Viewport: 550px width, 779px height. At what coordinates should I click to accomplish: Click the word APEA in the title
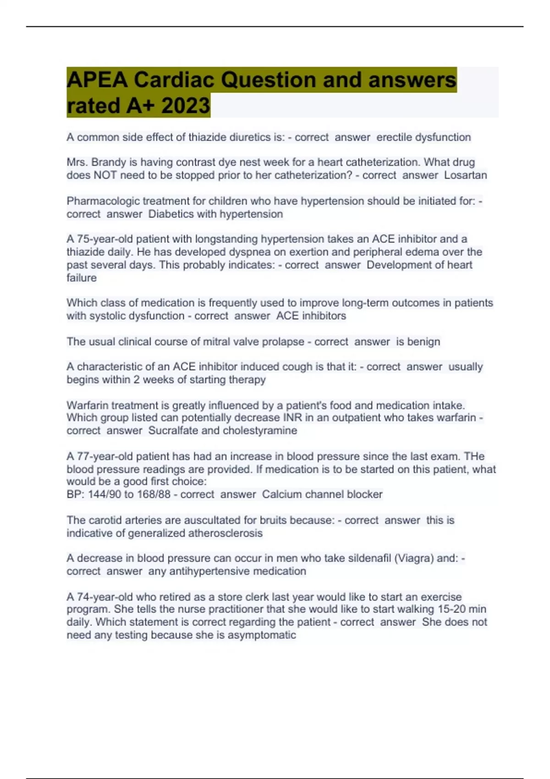tap(97, 80)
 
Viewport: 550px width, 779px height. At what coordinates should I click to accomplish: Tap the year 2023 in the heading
tap(186, 106)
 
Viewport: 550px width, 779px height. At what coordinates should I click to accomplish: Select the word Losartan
tap(465, 175)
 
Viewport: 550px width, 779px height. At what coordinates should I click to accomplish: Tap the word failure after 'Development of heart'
tap(82, 278)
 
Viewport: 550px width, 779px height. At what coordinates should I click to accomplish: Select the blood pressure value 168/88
tap(154, 494)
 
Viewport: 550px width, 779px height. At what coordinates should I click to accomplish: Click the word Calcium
tap(282, 494)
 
